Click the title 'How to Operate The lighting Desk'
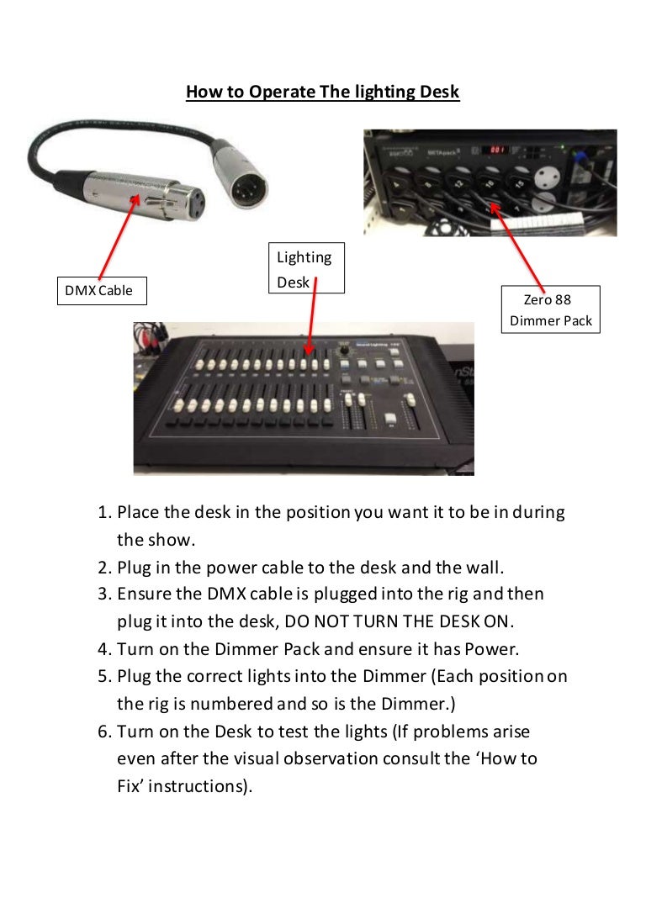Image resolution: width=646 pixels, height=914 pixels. coord(322,92)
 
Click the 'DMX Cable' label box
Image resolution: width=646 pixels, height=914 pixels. coord(99,291)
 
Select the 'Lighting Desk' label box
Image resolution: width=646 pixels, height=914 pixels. coord(305,269)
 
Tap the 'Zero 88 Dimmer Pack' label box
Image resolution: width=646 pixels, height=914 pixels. coord(551,309)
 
